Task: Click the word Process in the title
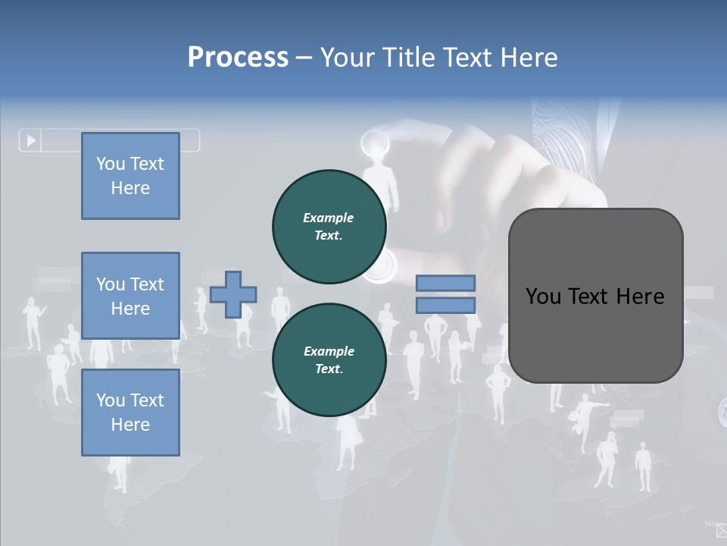coord(238,58)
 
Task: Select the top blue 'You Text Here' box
coord(130,176)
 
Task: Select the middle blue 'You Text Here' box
coord(130,296)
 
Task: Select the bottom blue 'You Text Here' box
coord(130,413)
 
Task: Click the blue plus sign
coord(233,294)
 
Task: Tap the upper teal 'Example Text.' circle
coord(329,226)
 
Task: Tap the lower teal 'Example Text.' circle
coord(329,359)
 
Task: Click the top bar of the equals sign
coord(446,283)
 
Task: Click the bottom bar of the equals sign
coord(446,305)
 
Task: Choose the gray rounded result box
coord(595,296)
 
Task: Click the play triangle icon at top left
coord(31,140)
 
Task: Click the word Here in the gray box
coord(640,297)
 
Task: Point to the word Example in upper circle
coord(329,218)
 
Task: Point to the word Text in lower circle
coord(328,369)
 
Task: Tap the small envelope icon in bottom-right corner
coord(721,530)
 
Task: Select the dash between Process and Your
coord(304,58)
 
